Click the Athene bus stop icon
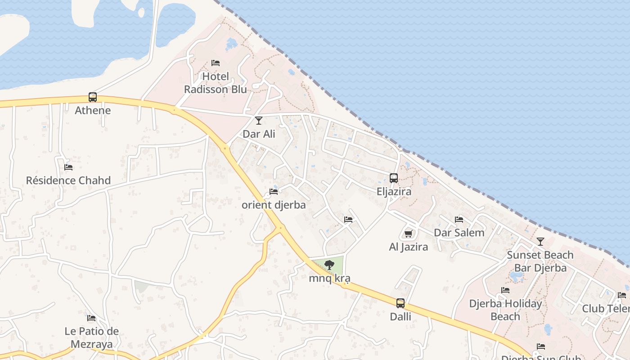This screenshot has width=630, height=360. pos(93,97)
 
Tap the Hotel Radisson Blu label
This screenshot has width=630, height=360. pos(216,83)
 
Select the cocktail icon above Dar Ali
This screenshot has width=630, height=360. pos(259,120)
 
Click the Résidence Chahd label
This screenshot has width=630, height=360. pos(68,180)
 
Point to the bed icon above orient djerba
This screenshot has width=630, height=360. pos(274,192)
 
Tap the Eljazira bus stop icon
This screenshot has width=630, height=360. pos(394,178)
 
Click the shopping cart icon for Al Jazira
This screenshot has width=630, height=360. pos(408,234)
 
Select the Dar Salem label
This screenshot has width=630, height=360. pos(459,233)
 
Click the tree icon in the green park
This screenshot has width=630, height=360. pos(329,265)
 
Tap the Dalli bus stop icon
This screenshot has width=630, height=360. pos(400,303)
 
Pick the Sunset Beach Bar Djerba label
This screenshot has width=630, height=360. pos(540,261)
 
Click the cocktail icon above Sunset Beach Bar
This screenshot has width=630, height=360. pos(540,242)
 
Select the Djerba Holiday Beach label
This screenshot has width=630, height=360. pos(505,310)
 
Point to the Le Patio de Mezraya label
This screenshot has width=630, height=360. pos(92,338)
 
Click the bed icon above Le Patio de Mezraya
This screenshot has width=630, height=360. pos(91,318)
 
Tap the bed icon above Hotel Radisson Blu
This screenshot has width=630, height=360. pos(216,63)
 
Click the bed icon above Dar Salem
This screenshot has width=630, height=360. pos(459,220)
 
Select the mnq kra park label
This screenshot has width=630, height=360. pos(329,279)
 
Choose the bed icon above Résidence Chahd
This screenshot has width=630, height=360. pos(68,167)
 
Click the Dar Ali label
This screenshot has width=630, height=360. pos(259,134)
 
